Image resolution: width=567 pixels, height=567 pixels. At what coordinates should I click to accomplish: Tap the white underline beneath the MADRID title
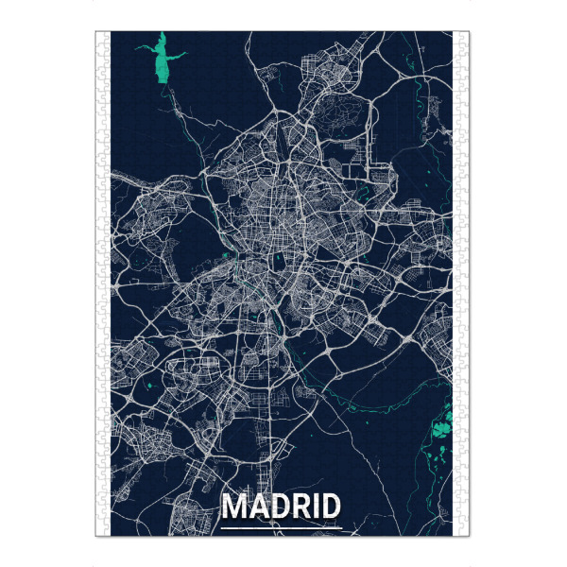[281, 526]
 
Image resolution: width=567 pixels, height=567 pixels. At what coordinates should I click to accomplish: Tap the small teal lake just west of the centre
[225, 256]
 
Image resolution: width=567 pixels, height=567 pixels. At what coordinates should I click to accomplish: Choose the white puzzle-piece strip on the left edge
[103, 283]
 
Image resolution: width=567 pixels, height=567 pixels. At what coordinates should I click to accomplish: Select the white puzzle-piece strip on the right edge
[463, 283]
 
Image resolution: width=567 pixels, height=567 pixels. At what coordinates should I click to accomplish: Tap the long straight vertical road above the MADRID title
[275, 444]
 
